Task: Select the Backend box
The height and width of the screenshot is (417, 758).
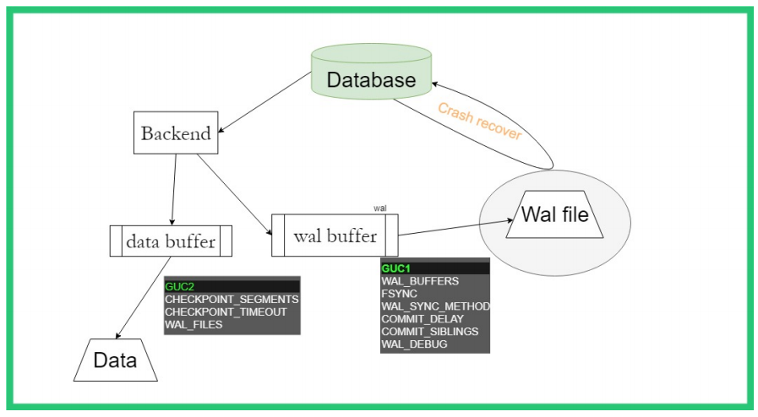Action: [176, 133]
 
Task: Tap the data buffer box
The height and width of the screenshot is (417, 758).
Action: [171, 241]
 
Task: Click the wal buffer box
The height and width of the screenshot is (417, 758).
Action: [335, 235]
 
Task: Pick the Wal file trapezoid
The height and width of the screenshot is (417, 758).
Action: [554, 214]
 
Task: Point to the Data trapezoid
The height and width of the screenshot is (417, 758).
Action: [116, 360]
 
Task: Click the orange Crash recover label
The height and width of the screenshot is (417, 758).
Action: [479, 121]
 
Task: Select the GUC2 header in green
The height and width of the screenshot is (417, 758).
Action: [179, 287]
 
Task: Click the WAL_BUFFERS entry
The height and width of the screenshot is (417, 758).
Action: [420, 281]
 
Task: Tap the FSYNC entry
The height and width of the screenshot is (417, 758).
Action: [400, 294]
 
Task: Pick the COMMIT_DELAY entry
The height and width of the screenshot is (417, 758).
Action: [423, 319]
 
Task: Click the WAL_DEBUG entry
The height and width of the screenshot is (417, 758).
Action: [414, 344]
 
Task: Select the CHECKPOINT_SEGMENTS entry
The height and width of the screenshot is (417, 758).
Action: [232, 300]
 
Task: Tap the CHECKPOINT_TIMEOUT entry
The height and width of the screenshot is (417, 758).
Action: [226, 312]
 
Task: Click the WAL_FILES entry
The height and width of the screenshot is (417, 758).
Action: [194, 325]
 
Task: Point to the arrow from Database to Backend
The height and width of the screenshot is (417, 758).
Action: [264, 103]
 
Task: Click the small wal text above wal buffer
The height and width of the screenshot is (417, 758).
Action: [379, 207]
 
